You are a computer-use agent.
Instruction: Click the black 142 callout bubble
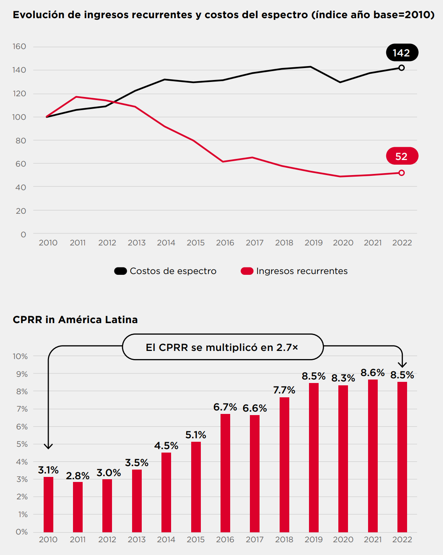point(402,53)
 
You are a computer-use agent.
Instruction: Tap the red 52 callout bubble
point(402,156)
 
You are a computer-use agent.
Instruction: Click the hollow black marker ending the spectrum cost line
point(402,68)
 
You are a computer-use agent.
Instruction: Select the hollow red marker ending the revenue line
point(402,173)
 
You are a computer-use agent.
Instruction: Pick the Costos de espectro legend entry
point(165,271)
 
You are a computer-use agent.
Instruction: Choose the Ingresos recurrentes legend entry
point(294,271)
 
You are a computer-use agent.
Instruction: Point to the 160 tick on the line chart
point(19,46)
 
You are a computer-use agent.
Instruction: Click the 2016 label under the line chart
point(225,243)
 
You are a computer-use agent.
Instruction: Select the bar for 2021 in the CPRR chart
point(373,456)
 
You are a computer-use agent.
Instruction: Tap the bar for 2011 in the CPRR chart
point(78,507)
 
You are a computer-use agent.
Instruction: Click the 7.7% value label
point(284,390)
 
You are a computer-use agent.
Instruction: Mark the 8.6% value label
point(373,373)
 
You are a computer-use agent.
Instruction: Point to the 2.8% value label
point(78,476)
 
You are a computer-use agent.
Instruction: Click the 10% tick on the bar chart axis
point(20,356)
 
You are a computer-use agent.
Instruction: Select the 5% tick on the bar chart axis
point(22,444)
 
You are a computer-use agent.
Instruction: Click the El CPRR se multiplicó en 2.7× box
point(222,347)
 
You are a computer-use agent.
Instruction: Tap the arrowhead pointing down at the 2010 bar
point(48,446)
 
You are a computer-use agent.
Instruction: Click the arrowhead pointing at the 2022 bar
point(402,364)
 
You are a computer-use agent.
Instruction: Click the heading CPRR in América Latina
point(75,320)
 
